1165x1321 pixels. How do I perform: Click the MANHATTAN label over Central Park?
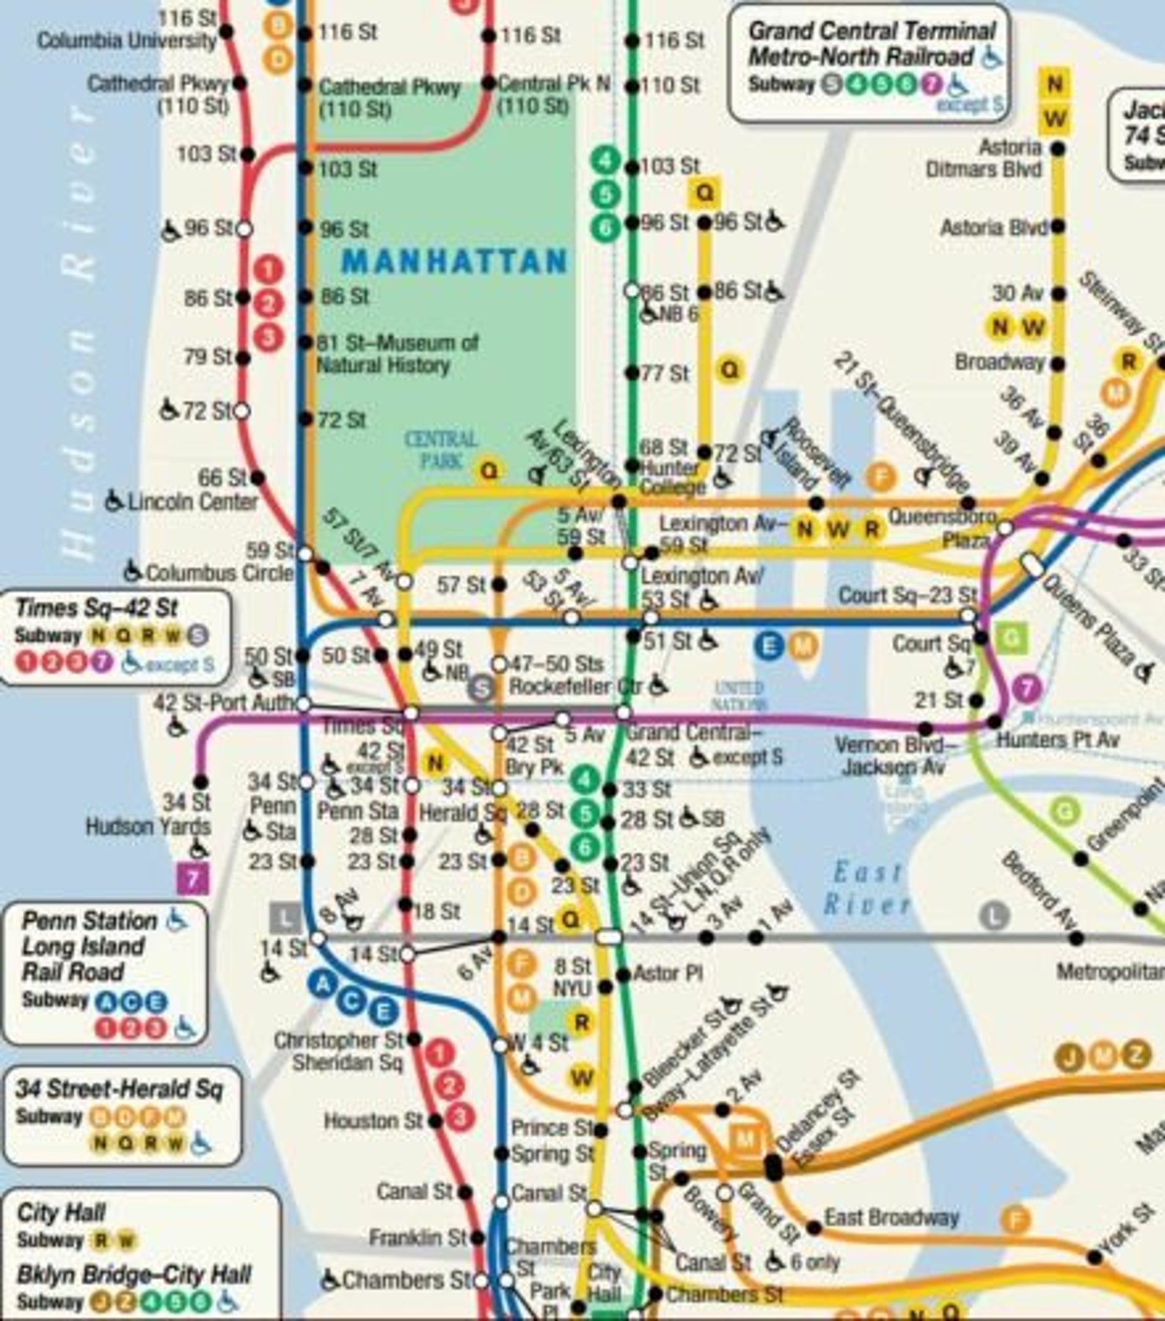455,261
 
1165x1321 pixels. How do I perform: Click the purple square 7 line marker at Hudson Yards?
194,878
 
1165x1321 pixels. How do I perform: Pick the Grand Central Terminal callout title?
870,43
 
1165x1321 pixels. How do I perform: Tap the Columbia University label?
126,40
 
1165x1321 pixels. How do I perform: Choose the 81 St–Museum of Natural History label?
396,354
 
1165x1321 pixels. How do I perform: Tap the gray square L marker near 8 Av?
285,917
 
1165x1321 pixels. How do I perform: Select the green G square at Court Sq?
1011,638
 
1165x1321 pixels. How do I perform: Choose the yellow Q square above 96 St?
704,193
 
